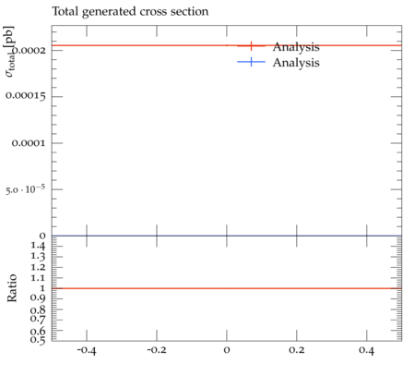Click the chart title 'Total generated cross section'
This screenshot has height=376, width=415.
[x=130, y=12]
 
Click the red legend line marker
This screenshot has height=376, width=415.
[x=251, y=46]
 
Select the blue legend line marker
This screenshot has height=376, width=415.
[x=251, y=62]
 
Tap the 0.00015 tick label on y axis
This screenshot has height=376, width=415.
[x=26, y=96]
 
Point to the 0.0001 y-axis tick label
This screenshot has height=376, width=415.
[x=29, y=143]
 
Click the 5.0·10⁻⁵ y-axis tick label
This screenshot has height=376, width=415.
[x=26, y=188]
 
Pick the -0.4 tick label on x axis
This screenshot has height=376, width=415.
[x=87, y=350]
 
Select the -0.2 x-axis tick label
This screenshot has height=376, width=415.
[x=157, y=350]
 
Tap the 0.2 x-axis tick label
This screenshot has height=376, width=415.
[x=297, y=350]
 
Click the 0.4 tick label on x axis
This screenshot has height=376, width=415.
[x=366, y=350]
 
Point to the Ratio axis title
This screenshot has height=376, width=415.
[x=12, y=288]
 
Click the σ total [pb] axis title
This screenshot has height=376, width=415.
[x=9, y=52]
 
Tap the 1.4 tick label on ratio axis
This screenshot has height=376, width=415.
[x=38, y=246]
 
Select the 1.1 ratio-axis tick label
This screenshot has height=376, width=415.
[x=38, y=278]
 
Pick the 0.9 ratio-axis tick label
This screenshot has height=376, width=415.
[x=38, y=298]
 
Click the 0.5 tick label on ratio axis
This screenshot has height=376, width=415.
[x=38, y=340]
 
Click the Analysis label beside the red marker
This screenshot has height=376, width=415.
[x=296, y=47]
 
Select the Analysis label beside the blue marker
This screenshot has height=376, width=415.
[x=296, y=63]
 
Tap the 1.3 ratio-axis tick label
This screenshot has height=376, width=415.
[x=38, y=257]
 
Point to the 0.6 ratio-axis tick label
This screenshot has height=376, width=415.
[x=38, y=332]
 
